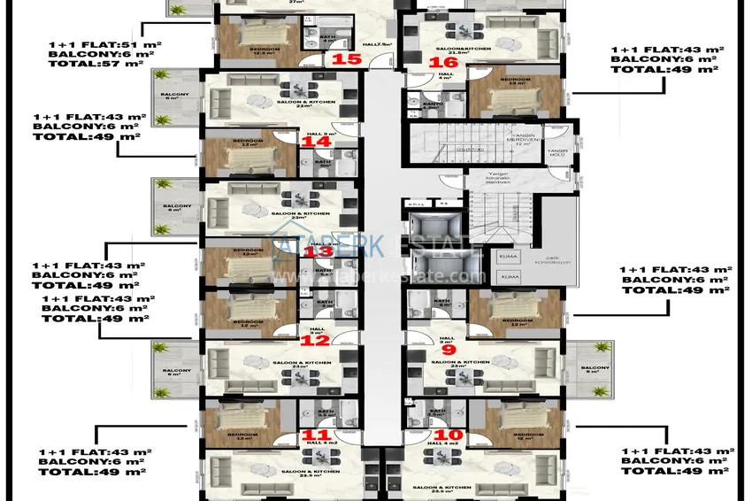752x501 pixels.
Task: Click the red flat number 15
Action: pyautogui.click(x=347, y=59)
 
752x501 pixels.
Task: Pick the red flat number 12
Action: pyautogui.click(x=316, y=340)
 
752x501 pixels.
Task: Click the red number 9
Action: pyautogui.click(x=448, y=350)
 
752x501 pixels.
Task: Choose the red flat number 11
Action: pyautogui.click(x=316, y=435)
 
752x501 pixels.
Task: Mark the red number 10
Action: pyautogui.click(x=449, y=435)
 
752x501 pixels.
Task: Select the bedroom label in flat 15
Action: pyautogui.click(x=238, y=48)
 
